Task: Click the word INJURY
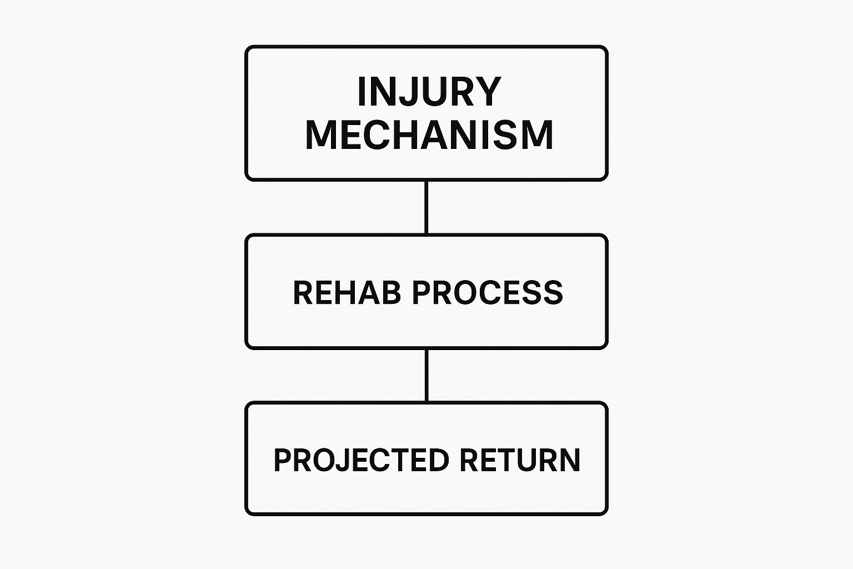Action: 429,92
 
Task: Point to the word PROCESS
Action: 487,293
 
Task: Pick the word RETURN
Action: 519,460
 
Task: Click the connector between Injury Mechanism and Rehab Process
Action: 426,207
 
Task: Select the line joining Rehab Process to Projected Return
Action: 426,375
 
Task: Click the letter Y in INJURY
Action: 490,92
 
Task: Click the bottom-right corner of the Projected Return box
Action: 606,513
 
